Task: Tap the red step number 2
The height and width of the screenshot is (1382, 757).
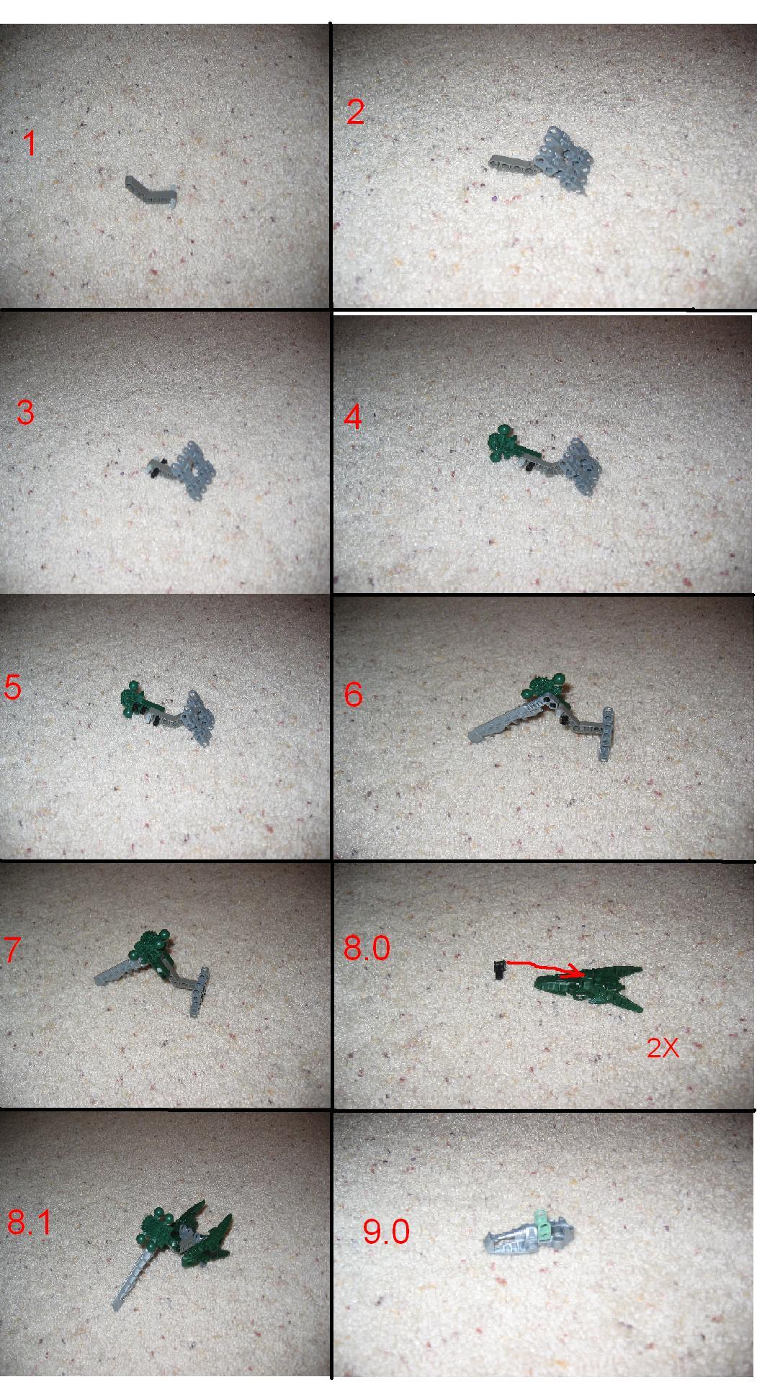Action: point(355,112)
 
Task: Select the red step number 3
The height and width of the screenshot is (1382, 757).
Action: point(25,412)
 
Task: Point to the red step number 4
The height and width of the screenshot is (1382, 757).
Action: point(352,417)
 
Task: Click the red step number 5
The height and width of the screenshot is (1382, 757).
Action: point(13,687)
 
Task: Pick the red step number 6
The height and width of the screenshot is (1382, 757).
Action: point(353,695)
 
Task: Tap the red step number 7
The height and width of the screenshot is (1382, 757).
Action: point(13,950)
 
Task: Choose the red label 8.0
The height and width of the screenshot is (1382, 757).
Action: point(367,947)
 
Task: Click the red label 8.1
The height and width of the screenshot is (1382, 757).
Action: point(30,1221)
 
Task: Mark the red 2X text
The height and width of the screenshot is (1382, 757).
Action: point(663,1048)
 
